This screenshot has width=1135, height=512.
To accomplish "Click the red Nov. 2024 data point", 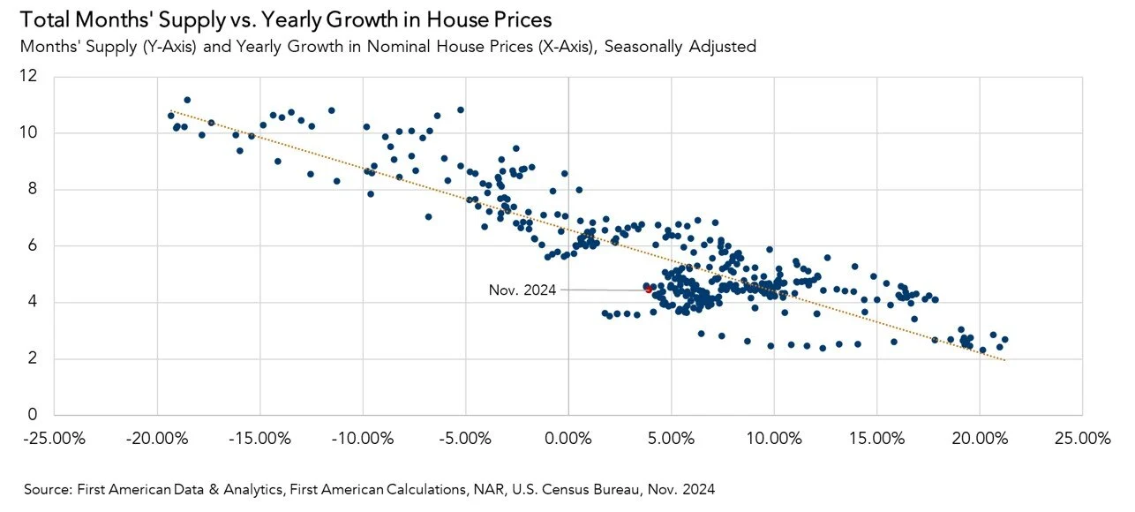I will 648,289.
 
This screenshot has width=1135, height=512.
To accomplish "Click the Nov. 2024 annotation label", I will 522,290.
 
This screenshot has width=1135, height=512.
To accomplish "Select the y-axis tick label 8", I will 34,189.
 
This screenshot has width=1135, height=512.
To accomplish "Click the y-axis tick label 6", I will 34,245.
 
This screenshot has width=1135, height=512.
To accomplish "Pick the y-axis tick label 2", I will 34,358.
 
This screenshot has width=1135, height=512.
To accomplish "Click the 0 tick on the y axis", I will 34,415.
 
